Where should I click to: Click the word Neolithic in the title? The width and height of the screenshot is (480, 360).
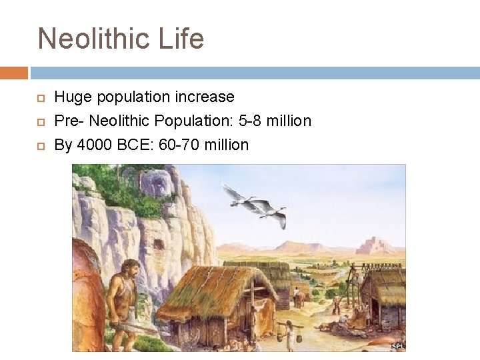[93, 39]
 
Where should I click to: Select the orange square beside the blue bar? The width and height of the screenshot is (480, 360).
[13, 73]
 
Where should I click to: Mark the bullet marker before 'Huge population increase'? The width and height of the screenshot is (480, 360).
[40, 98]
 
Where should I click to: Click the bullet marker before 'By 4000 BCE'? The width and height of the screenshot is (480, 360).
[40, 145]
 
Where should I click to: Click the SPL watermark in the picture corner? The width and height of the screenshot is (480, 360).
[397, 346]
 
